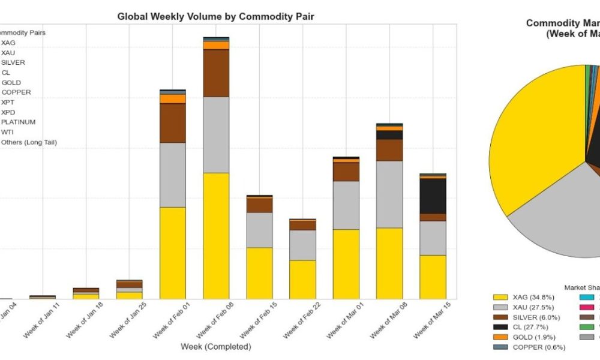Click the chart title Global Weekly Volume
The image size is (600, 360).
click(x=215, y=17)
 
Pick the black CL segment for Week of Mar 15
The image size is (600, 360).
click(x=433, y=196)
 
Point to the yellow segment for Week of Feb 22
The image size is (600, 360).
click(x=302, y=279)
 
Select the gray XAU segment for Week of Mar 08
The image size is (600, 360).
click(x=389, y=194)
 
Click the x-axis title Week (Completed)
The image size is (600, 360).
click(x=215, y=347)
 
